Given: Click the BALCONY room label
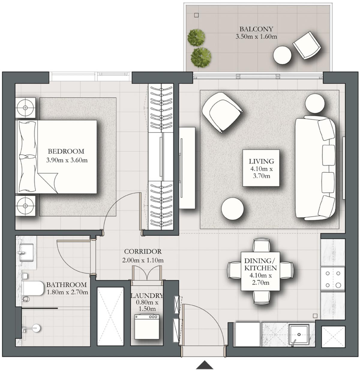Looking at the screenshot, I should pos(256,29).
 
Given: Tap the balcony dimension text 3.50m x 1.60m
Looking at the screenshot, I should pos(256,37).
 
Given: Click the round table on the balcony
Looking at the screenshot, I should pos(282,55).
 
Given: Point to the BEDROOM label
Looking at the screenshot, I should pos(66,151).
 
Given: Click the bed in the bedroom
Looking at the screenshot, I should pos(57,156).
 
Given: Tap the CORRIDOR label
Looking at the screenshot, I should pos(143,252).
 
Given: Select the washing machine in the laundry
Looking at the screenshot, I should pos(146,327).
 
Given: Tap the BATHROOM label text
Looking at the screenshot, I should pos(66,285).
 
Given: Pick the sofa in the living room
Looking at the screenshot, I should pos(315,168).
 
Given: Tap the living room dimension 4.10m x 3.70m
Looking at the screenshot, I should pos(261,172).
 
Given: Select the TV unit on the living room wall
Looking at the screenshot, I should pos(187,168).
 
